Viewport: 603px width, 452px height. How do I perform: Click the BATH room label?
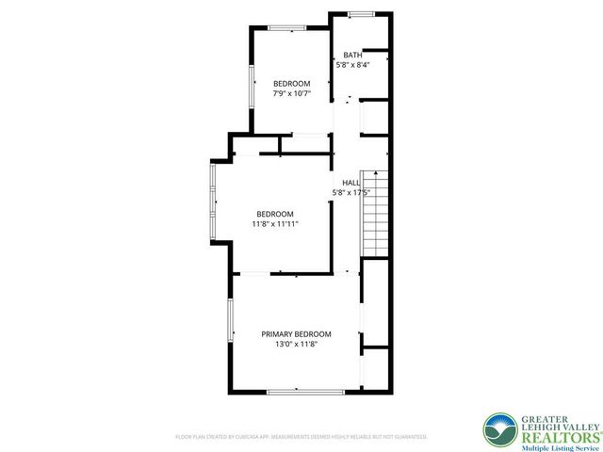click(352, 56)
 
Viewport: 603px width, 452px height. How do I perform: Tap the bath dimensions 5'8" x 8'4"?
click(352, 65)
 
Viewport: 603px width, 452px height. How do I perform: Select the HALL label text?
click(350, 183)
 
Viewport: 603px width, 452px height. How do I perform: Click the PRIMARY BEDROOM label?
click(296, 334)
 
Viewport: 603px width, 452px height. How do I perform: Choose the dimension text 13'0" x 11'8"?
click(296, 345)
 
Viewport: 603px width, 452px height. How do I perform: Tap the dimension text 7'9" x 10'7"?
click(291, 93)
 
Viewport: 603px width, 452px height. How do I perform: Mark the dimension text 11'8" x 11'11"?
click(275, 224)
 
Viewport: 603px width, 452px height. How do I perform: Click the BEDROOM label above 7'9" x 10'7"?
click(291, 83)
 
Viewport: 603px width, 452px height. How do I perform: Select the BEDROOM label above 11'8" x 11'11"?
click(275, 213)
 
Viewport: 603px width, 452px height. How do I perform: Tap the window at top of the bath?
click(359, 14)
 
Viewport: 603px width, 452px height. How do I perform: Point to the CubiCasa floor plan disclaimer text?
click(301, 437)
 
